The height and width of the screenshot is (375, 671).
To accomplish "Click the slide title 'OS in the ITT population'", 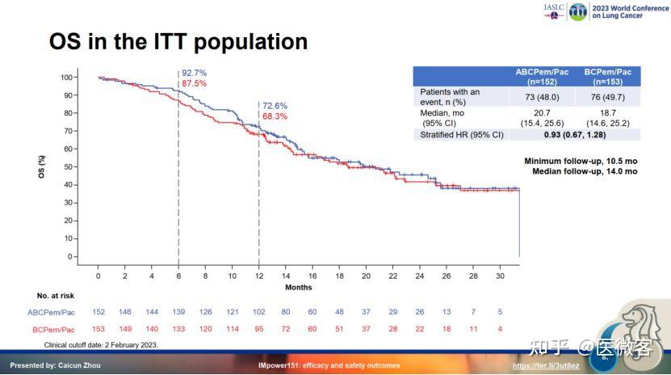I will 178,41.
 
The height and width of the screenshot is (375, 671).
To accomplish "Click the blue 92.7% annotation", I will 195,73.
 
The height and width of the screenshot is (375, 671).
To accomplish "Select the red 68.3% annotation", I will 275,116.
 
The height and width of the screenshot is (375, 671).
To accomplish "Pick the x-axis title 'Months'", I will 299,288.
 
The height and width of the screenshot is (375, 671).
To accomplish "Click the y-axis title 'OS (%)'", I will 42,166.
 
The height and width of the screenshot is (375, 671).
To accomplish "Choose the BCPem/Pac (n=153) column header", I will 607,77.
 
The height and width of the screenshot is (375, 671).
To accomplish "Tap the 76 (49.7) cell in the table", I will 607,97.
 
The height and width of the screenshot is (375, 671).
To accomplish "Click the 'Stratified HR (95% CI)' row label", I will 461,134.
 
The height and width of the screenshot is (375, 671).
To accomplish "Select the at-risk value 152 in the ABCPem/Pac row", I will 98,312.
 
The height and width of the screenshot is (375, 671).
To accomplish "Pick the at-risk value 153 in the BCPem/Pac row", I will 98,329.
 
